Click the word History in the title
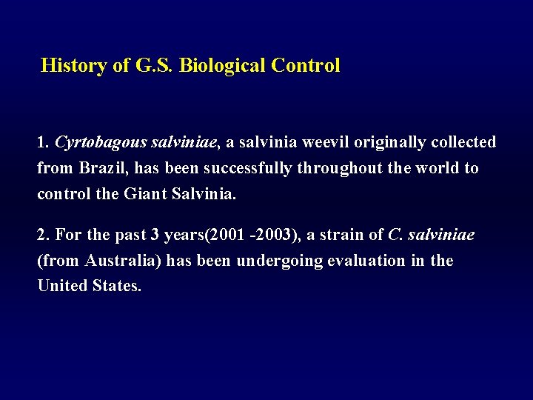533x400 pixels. pyautogui.click(x=73, y=66)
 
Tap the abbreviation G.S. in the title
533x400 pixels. pyautogui.click(x=155, y=66)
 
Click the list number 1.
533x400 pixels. pyautogui.click(x=42, y=141)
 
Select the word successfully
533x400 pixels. pyautogui.click(x=248, y=168)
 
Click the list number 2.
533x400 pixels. pyautogui.click(x=42, y=235)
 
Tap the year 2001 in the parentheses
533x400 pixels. pyautogui.click(x=226, y=235)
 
